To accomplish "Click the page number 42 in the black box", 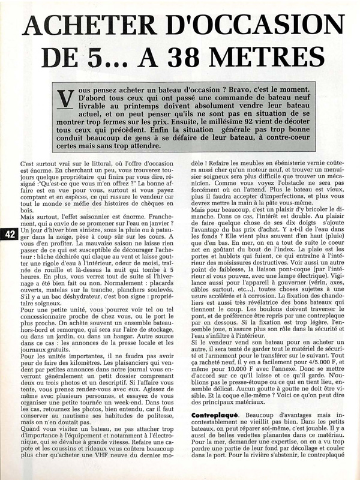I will click(8, 234).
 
